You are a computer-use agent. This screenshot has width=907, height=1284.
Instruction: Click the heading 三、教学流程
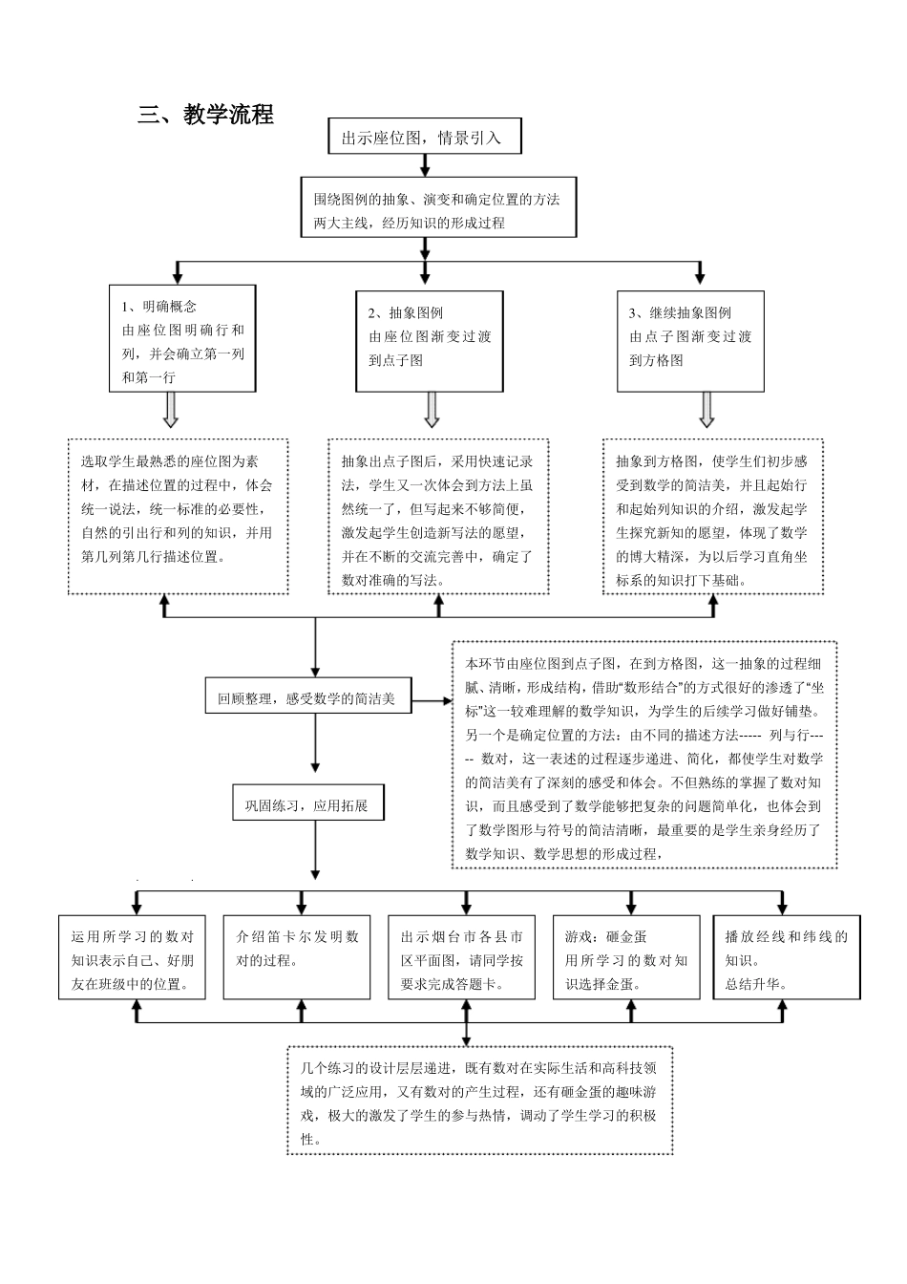click(x=205, y=115)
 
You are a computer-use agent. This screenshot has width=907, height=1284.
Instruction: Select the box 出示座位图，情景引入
click(x=425, y=137)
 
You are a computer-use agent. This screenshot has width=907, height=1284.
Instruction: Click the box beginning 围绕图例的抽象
click(x=438, y=207)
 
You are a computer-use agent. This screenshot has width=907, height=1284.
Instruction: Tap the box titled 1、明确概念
click(x=182, y=338)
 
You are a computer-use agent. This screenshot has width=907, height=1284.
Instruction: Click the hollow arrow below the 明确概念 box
click(x=171, y=409)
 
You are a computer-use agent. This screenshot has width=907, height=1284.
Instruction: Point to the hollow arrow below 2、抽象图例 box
click(x=432, y=409)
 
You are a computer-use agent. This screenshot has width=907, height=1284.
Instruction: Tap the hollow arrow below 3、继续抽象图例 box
click(x=707, y=409)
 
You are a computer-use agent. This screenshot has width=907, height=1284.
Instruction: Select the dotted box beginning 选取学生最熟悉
click(x=178, y=516)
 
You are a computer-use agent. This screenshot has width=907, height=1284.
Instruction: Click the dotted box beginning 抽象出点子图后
click(x=438, y=516)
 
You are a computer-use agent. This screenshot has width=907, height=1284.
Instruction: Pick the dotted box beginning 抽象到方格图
click(x=712, y=516)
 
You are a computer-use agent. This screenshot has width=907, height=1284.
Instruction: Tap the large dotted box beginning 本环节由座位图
click(x=644, y=755)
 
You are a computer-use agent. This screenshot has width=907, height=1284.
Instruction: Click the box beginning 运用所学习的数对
click(x=133, y=958)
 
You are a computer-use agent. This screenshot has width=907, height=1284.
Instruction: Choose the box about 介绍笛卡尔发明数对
click(x=297, y=958)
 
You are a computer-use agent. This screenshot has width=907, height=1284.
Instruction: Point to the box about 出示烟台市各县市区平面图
click(x=462, y=958)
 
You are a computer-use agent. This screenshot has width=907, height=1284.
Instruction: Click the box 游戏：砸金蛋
click(x=626, y=958)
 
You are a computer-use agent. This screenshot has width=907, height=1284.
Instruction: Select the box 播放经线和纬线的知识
click(x=787, y=958)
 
